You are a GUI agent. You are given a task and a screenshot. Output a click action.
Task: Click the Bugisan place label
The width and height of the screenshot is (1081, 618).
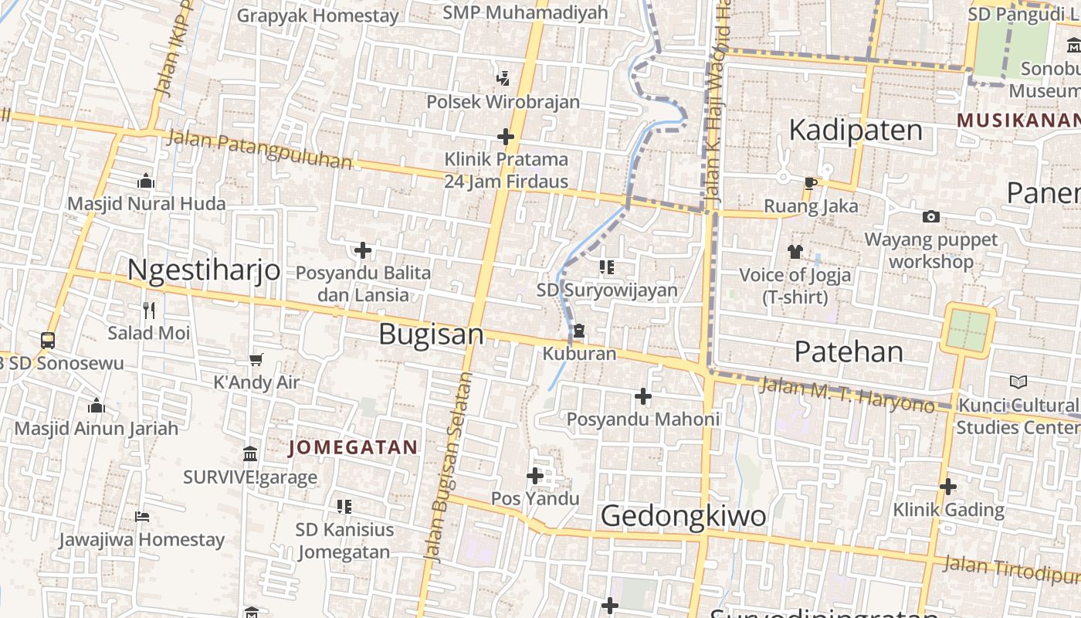tap(431, 334)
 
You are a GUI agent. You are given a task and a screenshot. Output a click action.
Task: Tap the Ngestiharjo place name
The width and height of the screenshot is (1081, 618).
tap(203, 270)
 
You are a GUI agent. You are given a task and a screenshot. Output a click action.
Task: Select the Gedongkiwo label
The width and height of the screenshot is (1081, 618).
tap(683, 516)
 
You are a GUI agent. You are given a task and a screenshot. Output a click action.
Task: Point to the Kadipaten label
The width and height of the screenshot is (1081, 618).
tap(855, 130)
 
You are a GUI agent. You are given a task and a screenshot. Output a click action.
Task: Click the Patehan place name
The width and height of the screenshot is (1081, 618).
tap(848, 351)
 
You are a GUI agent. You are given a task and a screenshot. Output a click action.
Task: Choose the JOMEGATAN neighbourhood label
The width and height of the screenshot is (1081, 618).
tap(353, 447)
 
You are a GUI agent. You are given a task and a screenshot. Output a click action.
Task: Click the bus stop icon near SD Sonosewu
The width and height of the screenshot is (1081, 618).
tap(47, 340)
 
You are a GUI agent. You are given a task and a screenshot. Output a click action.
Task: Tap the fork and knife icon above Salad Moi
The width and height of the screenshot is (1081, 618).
tap(149, 311)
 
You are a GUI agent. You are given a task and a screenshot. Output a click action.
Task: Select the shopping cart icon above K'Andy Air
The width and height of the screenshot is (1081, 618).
tap(256, 359)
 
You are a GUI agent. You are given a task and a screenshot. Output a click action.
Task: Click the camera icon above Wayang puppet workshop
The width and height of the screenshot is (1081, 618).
tap(931, 216)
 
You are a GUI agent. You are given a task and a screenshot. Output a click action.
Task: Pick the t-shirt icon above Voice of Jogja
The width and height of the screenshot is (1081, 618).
tap(795, 251)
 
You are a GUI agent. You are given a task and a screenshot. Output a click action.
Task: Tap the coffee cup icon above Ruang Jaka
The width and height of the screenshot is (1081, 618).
tap(809, 183)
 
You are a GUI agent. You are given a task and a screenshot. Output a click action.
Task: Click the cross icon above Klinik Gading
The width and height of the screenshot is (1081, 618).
tap(948, 487)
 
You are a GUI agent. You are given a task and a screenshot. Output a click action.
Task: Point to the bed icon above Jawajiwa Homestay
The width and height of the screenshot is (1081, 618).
tap(141, 516)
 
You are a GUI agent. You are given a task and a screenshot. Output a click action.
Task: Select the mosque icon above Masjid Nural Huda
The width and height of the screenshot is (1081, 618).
tap(146, 182)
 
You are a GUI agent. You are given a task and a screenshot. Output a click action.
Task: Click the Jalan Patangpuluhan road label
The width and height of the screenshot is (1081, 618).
tap(259, 150)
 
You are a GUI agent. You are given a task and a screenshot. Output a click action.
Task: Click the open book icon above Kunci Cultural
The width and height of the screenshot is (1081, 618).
tap(1018, 382)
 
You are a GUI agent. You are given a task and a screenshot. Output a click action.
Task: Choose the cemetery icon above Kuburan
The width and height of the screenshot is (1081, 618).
tap(578, 331)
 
